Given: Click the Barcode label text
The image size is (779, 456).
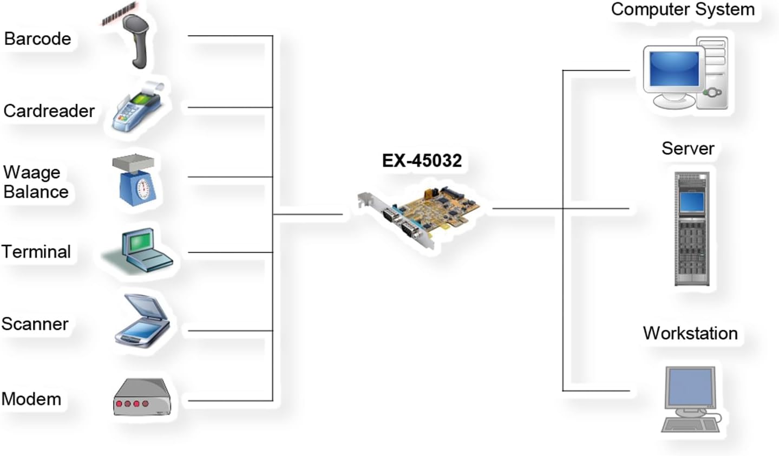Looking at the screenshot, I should pyautogui.click(x=37, y=39).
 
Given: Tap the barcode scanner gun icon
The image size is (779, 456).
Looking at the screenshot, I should pyautogui.click(x=135, y=41).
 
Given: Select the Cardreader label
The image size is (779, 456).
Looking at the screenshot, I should pyautogui.click(x=49, y=111).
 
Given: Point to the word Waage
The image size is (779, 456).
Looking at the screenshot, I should pyautogui.click(x=32, y=172).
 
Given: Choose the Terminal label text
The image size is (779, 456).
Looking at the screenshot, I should pyautogui.click(x=36, y=252).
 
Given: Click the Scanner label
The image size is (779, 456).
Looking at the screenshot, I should pyautogui.click(x=35, y=324).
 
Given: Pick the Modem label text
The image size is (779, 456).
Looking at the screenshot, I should pyautogui.click(x=31, y=399).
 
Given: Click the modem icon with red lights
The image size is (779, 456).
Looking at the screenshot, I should pyautogui.click(x=142, y=398).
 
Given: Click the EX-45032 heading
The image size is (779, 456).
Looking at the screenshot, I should pyautogui.click(x=422, y=161).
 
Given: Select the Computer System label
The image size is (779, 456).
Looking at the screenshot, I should pyautogui.click(x=683, y=10).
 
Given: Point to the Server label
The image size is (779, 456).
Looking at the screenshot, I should pyautogui.click(x=688, y=148).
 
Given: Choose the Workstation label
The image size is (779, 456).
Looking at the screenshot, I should pyautogui.click(x=690, y=333).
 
